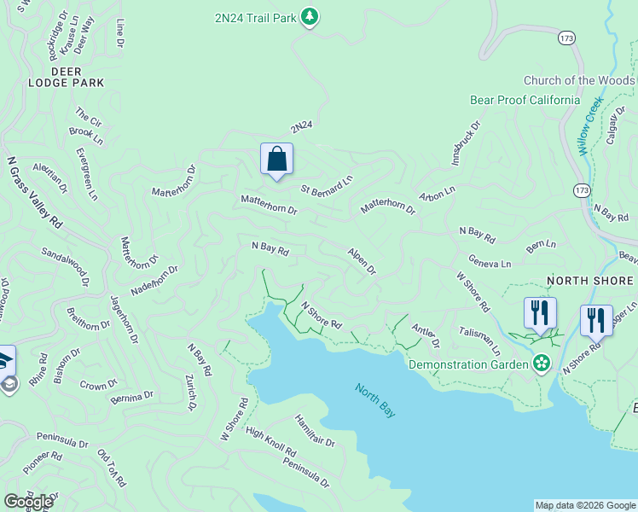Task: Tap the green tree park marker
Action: [310, 16]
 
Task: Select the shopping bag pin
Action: [276, 159]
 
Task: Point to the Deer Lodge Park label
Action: [66, 77]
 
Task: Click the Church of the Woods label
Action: [579, 81]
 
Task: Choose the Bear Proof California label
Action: [525, 100]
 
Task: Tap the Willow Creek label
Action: [589, 125]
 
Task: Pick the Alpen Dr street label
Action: [362, 261]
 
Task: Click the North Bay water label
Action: [376, 400]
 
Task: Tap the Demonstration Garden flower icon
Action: [541, 364]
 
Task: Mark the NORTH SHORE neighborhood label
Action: [589, 281]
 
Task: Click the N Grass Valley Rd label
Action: [35, 191]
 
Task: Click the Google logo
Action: [28, 502]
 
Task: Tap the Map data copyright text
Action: [584, 505]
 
